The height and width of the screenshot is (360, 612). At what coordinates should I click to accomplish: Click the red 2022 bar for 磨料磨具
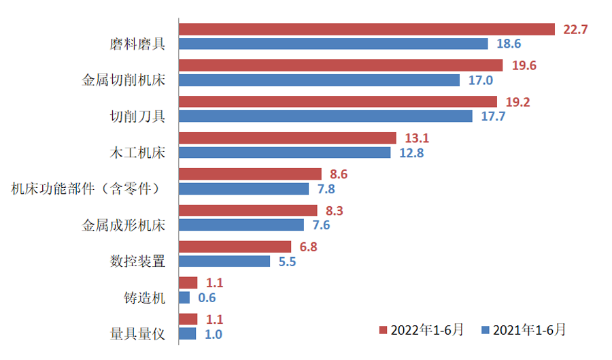[367, 29]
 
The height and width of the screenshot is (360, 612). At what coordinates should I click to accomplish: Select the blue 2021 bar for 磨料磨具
[333, 44]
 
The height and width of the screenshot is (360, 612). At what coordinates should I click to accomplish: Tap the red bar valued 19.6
[340, 65]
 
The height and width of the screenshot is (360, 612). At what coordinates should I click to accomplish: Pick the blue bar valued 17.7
[325, 116]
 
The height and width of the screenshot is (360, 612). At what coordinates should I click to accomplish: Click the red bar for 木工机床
[287, 138]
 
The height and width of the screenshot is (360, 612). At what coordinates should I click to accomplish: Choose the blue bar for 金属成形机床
[241, 225]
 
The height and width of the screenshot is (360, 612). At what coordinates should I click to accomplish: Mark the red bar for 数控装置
[235, 246]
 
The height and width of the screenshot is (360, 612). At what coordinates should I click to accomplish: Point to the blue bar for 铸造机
[184, 297]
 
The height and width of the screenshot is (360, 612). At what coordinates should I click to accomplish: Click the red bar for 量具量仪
[188, 318]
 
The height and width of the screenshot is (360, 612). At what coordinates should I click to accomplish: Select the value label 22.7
[575, 29]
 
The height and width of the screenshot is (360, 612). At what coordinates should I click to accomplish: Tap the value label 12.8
[411, 153]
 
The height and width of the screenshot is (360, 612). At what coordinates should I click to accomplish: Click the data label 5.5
[287, 261]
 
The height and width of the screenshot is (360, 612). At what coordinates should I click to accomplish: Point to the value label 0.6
[206, 297]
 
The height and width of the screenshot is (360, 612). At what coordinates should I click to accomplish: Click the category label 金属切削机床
[124, 80]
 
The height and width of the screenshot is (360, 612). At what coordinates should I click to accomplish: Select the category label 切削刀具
[138, 116]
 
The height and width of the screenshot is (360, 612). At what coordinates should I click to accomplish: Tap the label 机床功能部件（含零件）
[86, 189]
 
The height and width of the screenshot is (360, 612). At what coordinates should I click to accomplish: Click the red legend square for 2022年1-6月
[384, 330]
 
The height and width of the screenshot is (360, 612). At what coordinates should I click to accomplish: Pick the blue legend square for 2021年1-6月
[486, 330]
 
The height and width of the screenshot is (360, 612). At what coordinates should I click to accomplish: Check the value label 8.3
[335, 210]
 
